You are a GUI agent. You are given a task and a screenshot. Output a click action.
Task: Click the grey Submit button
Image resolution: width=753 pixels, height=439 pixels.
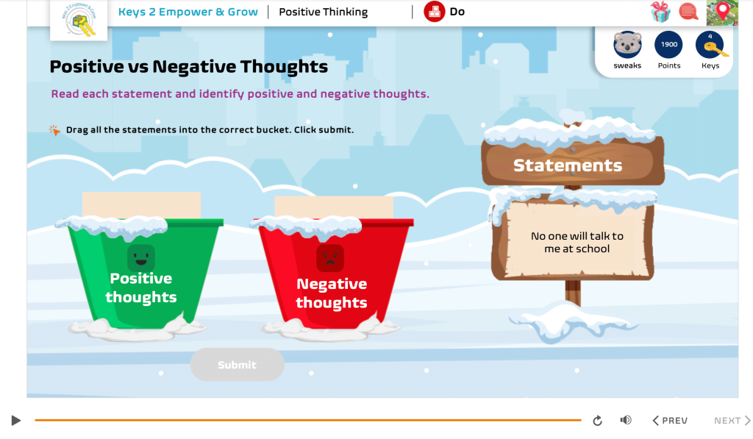pos(237,365)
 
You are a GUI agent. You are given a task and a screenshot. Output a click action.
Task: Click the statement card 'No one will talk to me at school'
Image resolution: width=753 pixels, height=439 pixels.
pos(577,243)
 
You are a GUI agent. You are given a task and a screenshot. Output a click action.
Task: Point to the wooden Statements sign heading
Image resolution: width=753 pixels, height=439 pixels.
pos(568,165)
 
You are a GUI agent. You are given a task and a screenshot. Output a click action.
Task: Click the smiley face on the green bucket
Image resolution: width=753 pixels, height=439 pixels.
pos(140,257)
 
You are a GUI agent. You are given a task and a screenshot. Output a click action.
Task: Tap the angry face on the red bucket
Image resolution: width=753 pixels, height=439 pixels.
pos(330,258)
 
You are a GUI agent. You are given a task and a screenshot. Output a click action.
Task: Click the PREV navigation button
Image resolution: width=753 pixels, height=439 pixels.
pos(670,421)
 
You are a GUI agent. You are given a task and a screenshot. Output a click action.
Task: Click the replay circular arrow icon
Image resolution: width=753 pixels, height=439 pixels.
pos(597,421)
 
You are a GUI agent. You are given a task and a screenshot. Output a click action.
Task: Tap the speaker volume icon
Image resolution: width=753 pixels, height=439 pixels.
pos(626,420)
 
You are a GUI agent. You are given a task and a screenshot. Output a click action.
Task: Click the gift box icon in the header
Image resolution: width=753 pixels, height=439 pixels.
pos(660,12)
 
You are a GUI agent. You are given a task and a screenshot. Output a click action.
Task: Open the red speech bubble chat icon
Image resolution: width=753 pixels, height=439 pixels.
pos(689,12)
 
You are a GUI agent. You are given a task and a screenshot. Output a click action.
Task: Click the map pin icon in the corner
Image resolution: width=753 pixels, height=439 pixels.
pos(722,12)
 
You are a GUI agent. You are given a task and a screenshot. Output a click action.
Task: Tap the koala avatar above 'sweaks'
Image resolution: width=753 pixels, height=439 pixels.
pos(627,45)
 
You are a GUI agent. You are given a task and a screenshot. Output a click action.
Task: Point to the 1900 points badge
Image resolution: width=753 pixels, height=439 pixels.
pos(668,45)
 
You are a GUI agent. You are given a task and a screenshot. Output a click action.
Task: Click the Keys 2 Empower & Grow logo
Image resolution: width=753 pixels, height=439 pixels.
pos(79,20)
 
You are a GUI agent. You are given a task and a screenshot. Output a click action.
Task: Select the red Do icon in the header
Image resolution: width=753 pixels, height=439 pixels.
pos(435,12)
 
